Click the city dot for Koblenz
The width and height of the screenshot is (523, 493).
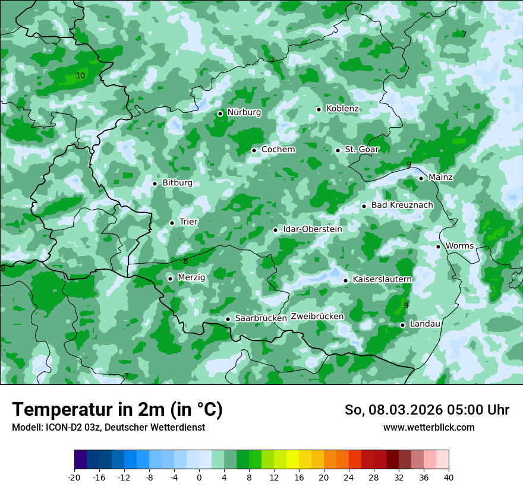coord(319,109)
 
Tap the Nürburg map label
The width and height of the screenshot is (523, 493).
coord(244,112)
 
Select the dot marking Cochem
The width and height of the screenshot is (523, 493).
coord(254,150)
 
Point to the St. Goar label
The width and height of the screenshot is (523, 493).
coord(362,150)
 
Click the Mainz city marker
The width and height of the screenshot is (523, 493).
coord(421,178)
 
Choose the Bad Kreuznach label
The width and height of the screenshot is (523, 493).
coord(402,206)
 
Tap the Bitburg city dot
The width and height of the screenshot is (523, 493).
coord(155,184)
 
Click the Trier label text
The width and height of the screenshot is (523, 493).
coord(188,222)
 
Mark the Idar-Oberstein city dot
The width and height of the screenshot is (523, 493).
coord(275,230)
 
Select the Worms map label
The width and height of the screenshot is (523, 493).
coord(459,246)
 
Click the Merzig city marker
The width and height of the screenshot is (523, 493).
coord(170,279)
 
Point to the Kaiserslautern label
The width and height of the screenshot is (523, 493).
coord(382,279)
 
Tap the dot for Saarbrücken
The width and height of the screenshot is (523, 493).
coord(228,319)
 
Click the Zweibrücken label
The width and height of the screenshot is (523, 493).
coord(317,317)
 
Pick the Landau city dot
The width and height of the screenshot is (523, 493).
coord(402,325)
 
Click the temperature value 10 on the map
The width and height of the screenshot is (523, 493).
coord(80,76)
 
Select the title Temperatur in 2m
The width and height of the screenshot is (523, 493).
coord(117,410)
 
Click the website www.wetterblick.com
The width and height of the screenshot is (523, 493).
coord(429,428)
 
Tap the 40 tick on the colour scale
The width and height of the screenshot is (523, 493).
coord(449,477)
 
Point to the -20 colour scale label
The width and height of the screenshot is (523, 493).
coord(74,477)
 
